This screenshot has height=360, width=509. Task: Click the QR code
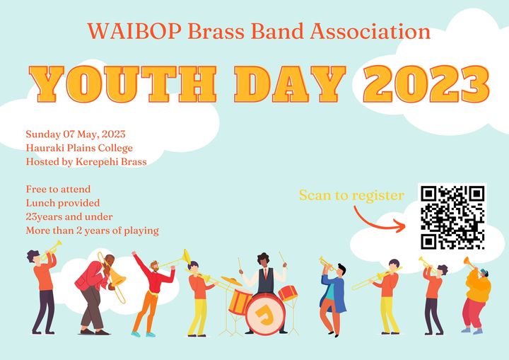pyautogui.click(x=452, y=217)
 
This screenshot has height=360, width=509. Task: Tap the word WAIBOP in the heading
pyautogui.click(x=134, y=32)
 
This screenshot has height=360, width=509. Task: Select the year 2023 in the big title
pyautogui.click(x=426, y=83)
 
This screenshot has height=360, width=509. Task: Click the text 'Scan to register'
pyautogui.click(x=351, y=195)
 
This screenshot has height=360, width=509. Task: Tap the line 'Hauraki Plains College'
pyautogui.click(x=79, y=148)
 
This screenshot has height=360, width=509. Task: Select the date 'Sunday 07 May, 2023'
pyautogui.click(x=76, y=134)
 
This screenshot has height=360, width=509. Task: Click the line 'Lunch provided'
pyautogui.click(x=63, y=203)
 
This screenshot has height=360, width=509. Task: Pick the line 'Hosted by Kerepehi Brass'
pyautogui.click(x=86, y=161)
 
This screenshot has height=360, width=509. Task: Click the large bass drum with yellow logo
pyautogui.click(x=265, y=314)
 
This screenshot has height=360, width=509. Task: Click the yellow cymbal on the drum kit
pyautogui.click(x=231, y=281)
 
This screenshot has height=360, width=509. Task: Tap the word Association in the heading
pyautogui.click(x=370, y=32)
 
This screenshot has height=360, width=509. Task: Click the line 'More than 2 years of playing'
pyautogui.click(x=93, y=231)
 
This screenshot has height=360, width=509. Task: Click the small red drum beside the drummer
pyautogui.click(x=288, y=292)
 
